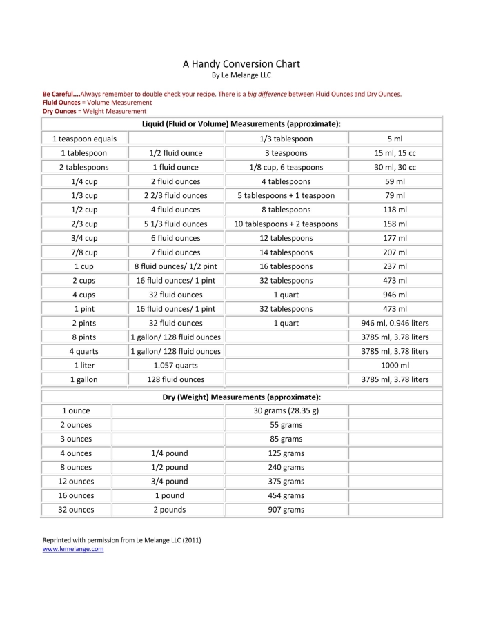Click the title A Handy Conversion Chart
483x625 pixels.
241,64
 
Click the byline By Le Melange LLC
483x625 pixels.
241,75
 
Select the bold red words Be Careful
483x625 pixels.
61,94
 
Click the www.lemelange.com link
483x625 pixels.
73,549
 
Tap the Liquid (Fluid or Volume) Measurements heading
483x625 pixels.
241,123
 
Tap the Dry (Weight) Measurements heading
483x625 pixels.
241,397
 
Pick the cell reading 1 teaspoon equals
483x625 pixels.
84,139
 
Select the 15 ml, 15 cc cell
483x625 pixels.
395,153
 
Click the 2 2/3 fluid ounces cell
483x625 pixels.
175,195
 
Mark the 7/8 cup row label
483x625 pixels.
84,252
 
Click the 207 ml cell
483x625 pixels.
395,252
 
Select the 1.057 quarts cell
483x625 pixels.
175,366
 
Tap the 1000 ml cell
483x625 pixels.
395,366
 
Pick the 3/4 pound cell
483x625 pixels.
169,482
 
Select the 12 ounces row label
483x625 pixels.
76,482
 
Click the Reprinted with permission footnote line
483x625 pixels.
121,540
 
